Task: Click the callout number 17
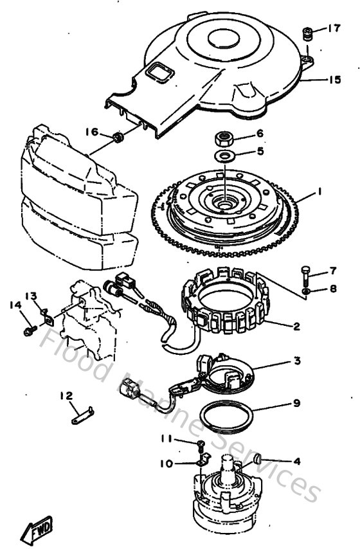(x=333, y=28)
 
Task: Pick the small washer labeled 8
(x=307, y=291)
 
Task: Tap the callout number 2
(x=295, y=326)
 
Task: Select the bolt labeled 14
(x=29, y=330)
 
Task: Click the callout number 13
(x=32, y=295)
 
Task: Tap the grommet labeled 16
(x=118, y=137)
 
